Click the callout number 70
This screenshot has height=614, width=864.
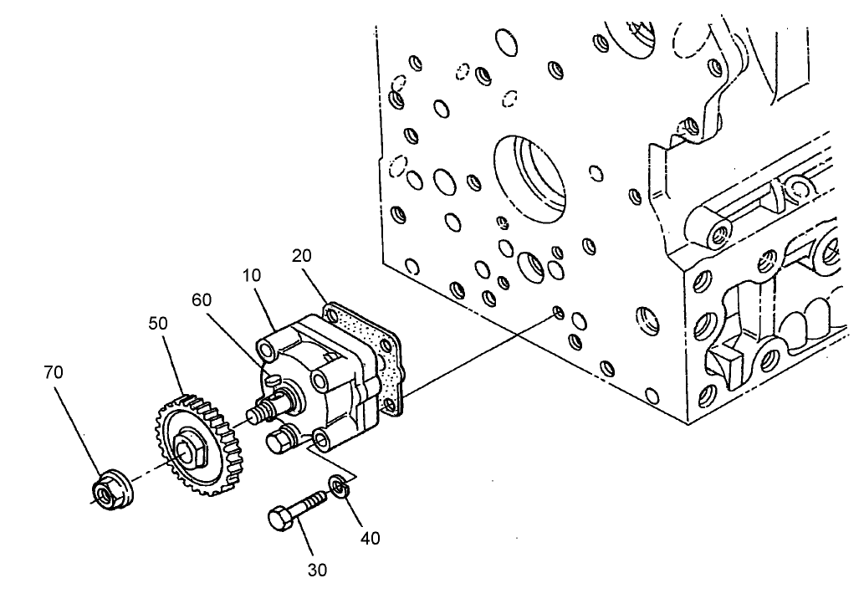click(54, 372)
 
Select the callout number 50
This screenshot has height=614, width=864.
click(159, 322)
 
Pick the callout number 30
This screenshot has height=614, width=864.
click(317, 570)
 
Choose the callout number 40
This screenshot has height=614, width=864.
click(369, 538)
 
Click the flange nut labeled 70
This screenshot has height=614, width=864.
click(108, 490)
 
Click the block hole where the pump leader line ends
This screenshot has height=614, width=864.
click(558, 313)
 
